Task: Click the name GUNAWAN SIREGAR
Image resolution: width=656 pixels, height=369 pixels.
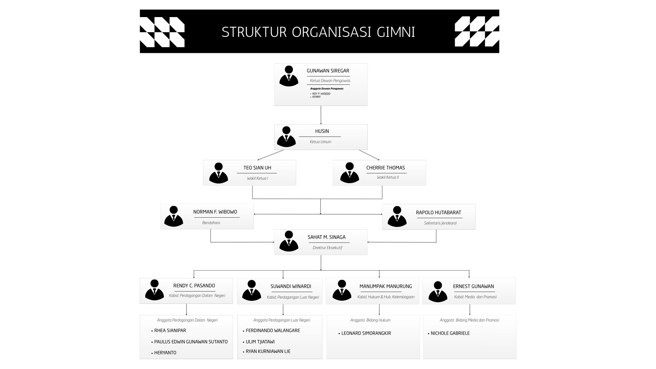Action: click(x=328, y=71)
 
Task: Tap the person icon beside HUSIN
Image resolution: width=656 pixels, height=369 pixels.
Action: click(x=286, y=137)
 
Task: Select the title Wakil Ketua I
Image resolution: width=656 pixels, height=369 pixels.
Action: click(x=257, y=178)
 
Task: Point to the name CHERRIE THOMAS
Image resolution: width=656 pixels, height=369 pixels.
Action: click(x=385, y=168)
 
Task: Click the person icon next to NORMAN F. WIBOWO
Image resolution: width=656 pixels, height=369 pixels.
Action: click(x=174, y=216)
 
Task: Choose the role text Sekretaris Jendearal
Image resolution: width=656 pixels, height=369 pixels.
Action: click(x=440, y=223)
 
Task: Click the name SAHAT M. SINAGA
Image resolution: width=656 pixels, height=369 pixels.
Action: click(x=326, y=237)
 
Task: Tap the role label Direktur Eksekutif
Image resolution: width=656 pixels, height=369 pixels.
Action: click(x=327, y=248)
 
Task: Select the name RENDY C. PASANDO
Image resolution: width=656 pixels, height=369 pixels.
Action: click(x=194, y=286)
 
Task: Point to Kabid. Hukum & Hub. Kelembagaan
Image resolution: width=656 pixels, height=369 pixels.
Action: click(x=386, y=297)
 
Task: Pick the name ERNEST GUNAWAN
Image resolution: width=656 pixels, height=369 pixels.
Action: click(x=473, y=286)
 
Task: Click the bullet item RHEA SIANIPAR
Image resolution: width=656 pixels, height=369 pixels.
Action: click(x=170, y=330)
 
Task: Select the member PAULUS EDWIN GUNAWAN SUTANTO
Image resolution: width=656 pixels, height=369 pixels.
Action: click(x=191, y=342)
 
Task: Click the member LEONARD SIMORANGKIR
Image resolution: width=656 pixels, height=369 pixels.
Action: click(x=366, y=333)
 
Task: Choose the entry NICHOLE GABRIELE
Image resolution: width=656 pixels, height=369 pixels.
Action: click(x=450, y=333)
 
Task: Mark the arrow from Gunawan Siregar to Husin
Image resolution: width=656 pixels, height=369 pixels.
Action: click(x=321, y=115)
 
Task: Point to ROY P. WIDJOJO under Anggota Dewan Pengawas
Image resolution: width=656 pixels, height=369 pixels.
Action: click(x=321, y=94)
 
